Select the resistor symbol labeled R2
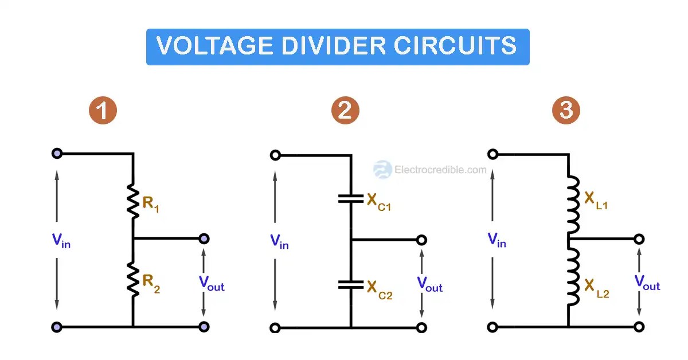(x=133, y=280)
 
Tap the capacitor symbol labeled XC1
(x=350, y=199)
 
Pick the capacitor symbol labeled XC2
(x=350, y=284)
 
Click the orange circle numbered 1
(x=103, y=111)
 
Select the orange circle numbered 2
(x=345, y=111)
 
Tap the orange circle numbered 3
(x=566, y=111)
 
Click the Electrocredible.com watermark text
(x=440, y=170)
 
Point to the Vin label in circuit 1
(x=61, y=241)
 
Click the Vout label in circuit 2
(x=429, y=284)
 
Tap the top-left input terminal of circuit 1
(x=57, y=154)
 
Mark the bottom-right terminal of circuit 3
(x=639, y=327)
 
